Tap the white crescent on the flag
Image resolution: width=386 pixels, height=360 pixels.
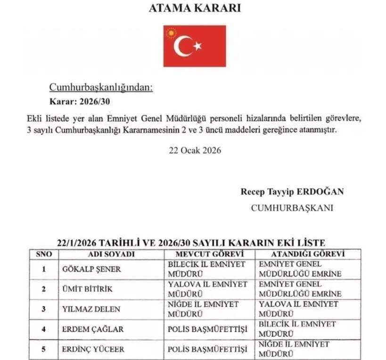181,46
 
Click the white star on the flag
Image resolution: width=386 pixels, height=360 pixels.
197,46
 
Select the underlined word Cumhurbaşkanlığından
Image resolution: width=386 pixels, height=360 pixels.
101,87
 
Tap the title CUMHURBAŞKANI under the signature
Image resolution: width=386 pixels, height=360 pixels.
292,208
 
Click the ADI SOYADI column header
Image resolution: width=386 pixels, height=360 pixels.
111,254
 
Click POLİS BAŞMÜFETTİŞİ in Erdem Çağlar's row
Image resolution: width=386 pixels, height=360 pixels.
207,329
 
